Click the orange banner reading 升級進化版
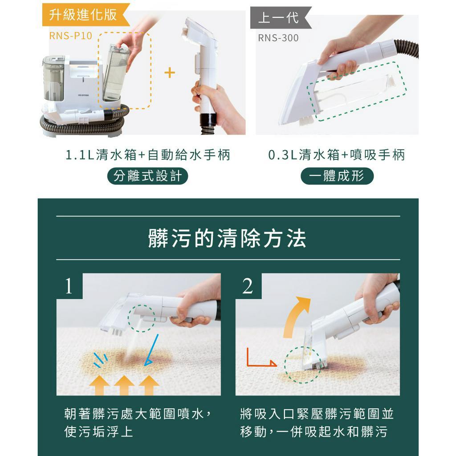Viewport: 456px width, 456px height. point(84,15)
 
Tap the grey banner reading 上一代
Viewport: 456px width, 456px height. point(280,17)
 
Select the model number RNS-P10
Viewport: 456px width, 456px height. point(71,36)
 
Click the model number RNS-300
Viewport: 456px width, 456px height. point(278,38)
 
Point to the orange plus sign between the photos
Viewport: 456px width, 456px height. point(170,73)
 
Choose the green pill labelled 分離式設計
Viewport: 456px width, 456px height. point(148,176)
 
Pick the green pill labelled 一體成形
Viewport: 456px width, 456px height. point(337,176)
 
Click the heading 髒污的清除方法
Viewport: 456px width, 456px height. point(228,238)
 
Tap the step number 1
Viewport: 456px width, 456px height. point(69,286)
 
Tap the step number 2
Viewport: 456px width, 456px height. point(248,286)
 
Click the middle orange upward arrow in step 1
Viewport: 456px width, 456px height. point(124,385)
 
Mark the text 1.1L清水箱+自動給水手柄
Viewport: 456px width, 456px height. point(148,155)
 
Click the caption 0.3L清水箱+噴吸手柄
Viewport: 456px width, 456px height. point(337,155)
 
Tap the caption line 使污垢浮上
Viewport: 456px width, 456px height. point(99,432)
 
